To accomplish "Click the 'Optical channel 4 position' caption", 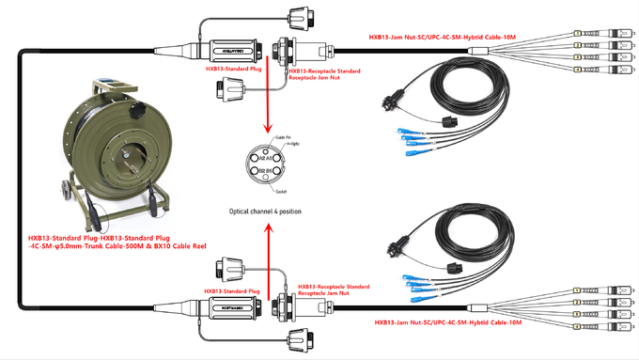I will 265,211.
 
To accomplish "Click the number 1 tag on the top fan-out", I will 575,32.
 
